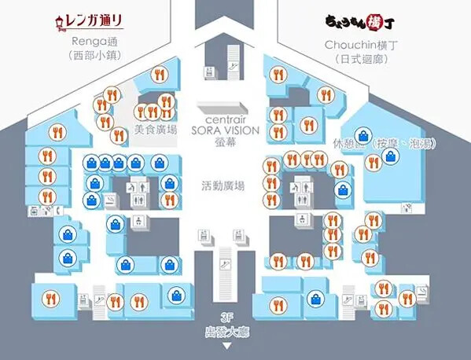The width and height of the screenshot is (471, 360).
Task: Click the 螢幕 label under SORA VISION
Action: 223,142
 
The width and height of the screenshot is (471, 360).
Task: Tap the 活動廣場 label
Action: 223,186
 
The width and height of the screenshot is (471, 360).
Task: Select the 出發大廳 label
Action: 228,331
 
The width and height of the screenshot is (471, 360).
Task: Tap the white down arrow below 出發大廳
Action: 229,344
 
